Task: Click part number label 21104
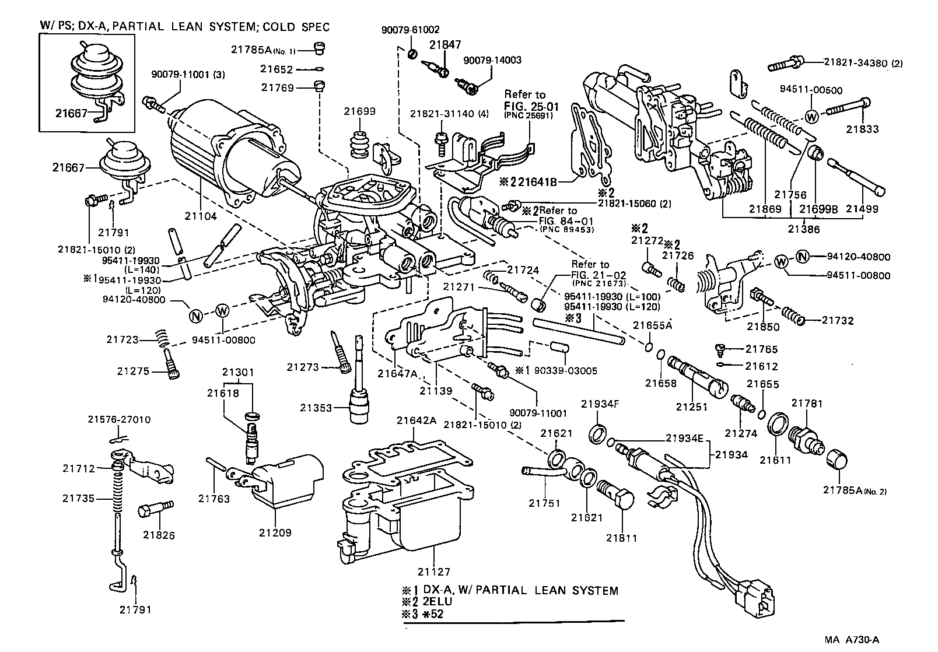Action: pos(199,216)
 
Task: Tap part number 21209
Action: pos(276,532)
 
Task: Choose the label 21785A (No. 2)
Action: pos(855,490)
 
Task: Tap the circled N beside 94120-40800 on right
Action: pos(803,256)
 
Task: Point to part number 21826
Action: pos(159,535)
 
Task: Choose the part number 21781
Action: pos(807,403)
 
